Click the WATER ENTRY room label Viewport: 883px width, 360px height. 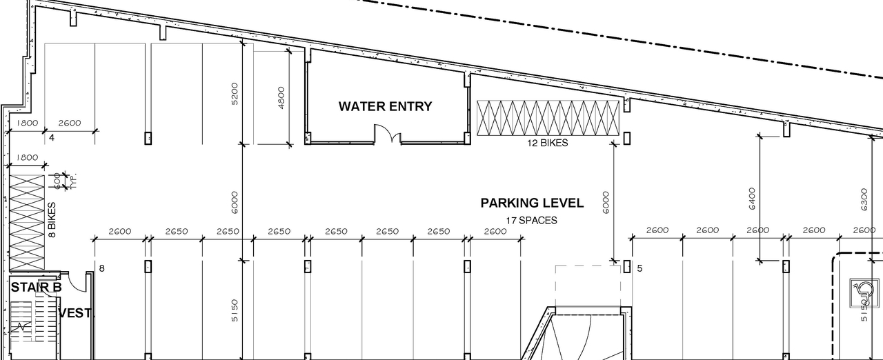385,106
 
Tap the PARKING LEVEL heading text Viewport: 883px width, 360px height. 532,203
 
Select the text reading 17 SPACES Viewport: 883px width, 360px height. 531,221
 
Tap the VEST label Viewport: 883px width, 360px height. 75,313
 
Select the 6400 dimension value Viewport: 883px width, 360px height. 752,199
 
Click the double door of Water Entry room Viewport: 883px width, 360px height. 387,134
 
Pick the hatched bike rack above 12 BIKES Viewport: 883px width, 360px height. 548,119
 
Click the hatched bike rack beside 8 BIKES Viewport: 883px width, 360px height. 26,223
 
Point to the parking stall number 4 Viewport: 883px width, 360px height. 51,138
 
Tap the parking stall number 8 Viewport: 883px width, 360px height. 101,268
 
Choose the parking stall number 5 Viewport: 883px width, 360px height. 639,268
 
